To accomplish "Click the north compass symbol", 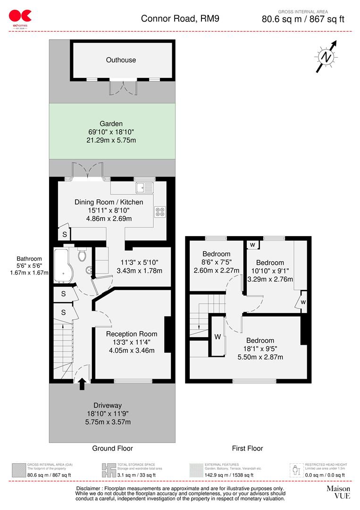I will coord(326,57).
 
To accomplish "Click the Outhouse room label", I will coord(121,60).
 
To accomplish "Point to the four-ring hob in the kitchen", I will coord(159,212).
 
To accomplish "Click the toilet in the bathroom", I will coord(82,255).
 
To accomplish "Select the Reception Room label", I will coord(125,334).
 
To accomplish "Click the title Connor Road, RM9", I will coord(180,19).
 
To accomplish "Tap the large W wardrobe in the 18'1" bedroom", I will coord(218,337).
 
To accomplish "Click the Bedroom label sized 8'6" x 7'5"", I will coord(216,254).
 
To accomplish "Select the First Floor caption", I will coord(247,448).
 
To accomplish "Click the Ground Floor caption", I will coord(112,448).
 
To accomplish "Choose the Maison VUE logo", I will coord(338,492).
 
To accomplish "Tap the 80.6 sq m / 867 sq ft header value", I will coord(303,19).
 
